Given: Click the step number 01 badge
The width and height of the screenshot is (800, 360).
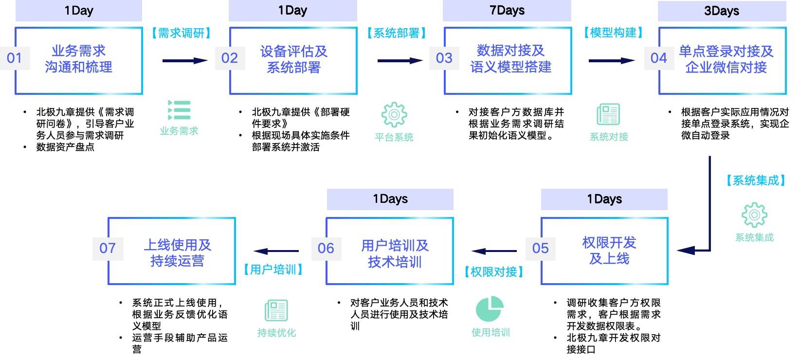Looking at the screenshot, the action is pyautogui.click(x=14, y=58).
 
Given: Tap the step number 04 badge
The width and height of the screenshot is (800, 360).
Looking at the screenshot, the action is pyautogui.click(x=659, y=58).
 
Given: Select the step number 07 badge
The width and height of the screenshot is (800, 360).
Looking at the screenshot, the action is pyautogui.click(x=108, y=248).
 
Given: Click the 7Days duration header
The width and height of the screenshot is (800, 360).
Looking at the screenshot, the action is pyautogui.click(x=507, y=11).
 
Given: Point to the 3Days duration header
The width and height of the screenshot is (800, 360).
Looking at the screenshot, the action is pyautogui.click(x=722, y=11).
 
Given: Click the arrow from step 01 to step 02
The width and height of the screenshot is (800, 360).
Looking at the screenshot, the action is pyautogui.click(x=185, y=61).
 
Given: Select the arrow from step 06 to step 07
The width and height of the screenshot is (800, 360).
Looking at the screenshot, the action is pyautogui.click(x=276, y=251).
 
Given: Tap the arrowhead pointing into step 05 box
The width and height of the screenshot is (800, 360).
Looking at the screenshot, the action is pyautogui.click(x=686, y=251).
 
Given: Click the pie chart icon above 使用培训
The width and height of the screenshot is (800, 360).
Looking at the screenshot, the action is pyautogui.click(x=490, y=308).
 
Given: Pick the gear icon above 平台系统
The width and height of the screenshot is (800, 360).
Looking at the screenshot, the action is pyautogui.click(x=394, y=115).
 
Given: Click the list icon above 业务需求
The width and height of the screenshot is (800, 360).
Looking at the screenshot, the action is pyautogui.click(x=179, y=110).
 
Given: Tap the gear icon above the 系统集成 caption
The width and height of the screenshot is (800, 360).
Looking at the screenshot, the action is pyautogui.click(x=754, y=215).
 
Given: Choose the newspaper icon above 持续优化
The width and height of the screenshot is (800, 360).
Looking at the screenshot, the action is pyautogui.click(x=276, y=310).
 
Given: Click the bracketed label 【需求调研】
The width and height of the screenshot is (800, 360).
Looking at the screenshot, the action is pyautogui.click(x=181, y=33).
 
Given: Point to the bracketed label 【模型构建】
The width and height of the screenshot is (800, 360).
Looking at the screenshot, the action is pyautogui.click(x=613, y=33).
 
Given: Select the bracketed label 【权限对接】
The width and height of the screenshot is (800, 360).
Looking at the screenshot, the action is pyautogui.click(x=494, y=272).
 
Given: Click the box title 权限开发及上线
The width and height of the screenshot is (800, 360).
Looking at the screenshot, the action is pyautogui.click(x=609, y=251).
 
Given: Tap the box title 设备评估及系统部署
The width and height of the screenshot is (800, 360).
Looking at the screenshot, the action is pyautogui.click(x=293, y=59).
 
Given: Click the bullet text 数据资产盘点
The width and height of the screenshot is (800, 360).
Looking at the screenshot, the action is pyautogui.click(x=65, y=147).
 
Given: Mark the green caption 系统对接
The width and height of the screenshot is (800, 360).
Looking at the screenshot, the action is pyautogui.click(x=609, y=137).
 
